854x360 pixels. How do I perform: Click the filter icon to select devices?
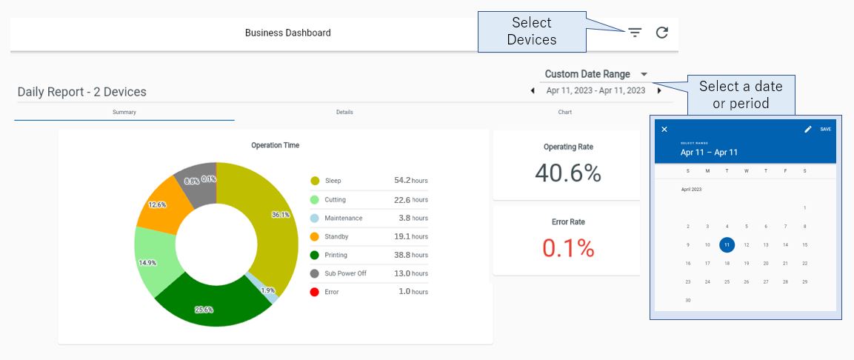point(635,33)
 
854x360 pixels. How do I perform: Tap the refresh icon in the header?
point(662,33)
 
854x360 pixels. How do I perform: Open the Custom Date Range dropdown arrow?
point(644,74)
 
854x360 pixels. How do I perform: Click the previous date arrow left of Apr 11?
point(533,91)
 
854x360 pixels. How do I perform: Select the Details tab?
point(344,113)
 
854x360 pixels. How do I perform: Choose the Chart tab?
point(564,113)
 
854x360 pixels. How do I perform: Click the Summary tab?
point(124,113)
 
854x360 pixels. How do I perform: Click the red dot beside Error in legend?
point(315,292)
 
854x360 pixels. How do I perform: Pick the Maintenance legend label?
point(343,219)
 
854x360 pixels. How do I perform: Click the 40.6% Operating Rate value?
point(567,173)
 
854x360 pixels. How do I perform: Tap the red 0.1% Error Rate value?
point(567,248)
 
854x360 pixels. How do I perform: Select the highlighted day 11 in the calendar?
point(727,244)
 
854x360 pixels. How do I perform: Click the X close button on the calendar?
point(664,130)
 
